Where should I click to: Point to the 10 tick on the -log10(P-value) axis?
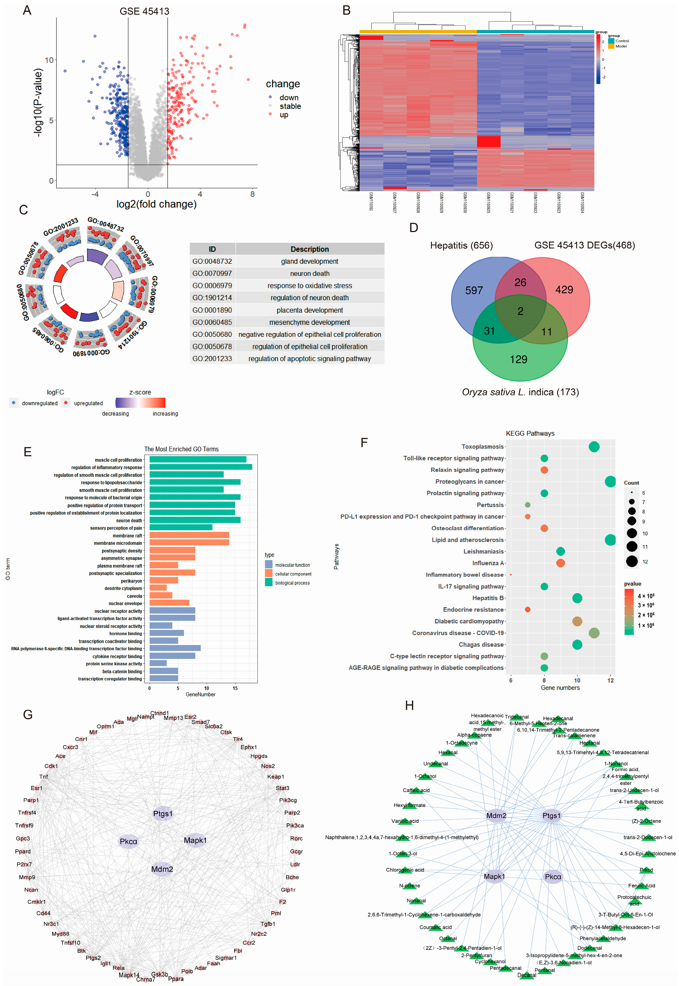[49, 60]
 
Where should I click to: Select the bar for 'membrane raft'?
[189, 535]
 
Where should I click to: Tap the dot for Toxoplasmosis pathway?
[594, 447]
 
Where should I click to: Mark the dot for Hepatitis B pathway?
[577, 598]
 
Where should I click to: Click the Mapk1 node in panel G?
[195, 840]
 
